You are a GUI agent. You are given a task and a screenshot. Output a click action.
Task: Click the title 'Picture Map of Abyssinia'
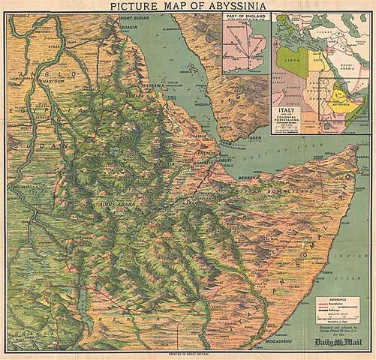tap(187, 6)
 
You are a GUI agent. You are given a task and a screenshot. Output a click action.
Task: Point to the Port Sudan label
tap(136, 18)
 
